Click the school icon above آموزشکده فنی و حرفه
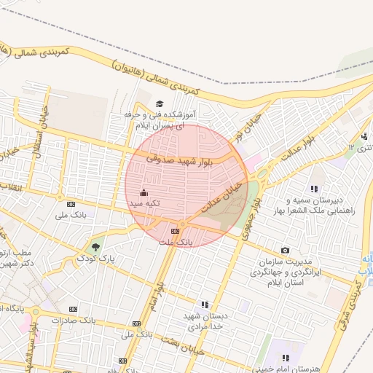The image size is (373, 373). tap(160, 103)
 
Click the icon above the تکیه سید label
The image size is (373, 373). tap(143, 193)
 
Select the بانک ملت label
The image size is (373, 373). tap(176, 241)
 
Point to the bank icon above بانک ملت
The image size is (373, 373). tap(175, 230)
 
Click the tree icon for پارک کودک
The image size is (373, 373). tap(93, 246)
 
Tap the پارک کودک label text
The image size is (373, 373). tap(97, 259)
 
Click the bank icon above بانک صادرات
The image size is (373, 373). tap(72, 309)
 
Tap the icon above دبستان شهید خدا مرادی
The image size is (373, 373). tap(205, 305)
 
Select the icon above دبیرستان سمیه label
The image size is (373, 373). tap(314, 188)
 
